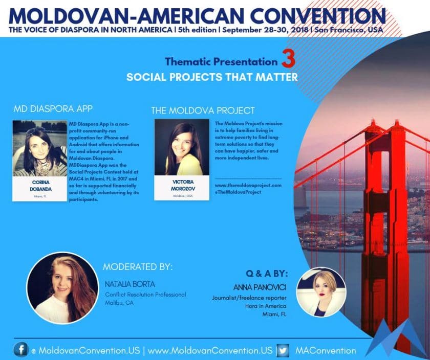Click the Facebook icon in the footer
pyautogui.click(x=21, y=350)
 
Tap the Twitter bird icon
pyautogui.click(x=283, y=350)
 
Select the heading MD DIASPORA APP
pyautogui.click(x=53, y=109)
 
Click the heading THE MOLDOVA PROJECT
pyautogui.click(x=203, y=110)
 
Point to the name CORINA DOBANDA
pyautogui.click(x=40, y=186)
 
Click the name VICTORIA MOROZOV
pyautogui.click(x=183, y=185)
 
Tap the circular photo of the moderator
pyautogui.click(x=62, y=288)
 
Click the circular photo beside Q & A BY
pyautogui.click(x=321, y=292)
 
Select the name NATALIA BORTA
pyautogui.click(x=130, y=284)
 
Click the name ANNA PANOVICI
pyautogui.click(x=260, y=287)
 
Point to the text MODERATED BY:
pyautogui.click(x=138, y=267)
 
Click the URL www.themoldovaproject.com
pyautogui.click(x=248, y=185)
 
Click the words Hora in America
pyautogui.click(x=266, y=306)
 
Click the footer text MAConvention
pyautogui.click(x=326, y=351)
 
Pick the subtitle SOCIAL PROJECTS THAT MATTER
pyautogui.click(x=212, y=77)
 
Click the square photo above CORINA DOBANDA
pyautogui.click(x=40, y=148)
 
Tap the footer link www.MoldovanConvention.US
pyautogui.click(x=210, y=351)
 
